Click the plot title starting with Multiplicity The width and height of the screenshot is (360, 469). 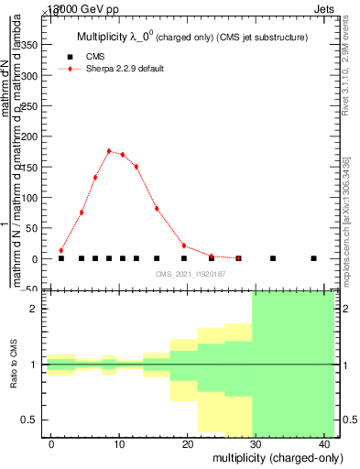tap(191, 37)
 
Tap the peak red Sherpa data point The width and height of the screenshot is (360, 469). tap(109, 151)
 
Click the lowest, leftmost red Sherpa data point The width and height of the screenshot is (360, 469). tap(61, 250)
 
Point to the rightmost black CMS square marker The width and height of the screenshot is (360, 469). tap(313, 258)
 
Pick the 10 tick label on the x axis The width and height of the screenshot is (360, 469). tap(119, 444)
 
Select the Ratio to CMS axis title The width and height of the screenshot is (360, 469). tap(15, 365)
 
